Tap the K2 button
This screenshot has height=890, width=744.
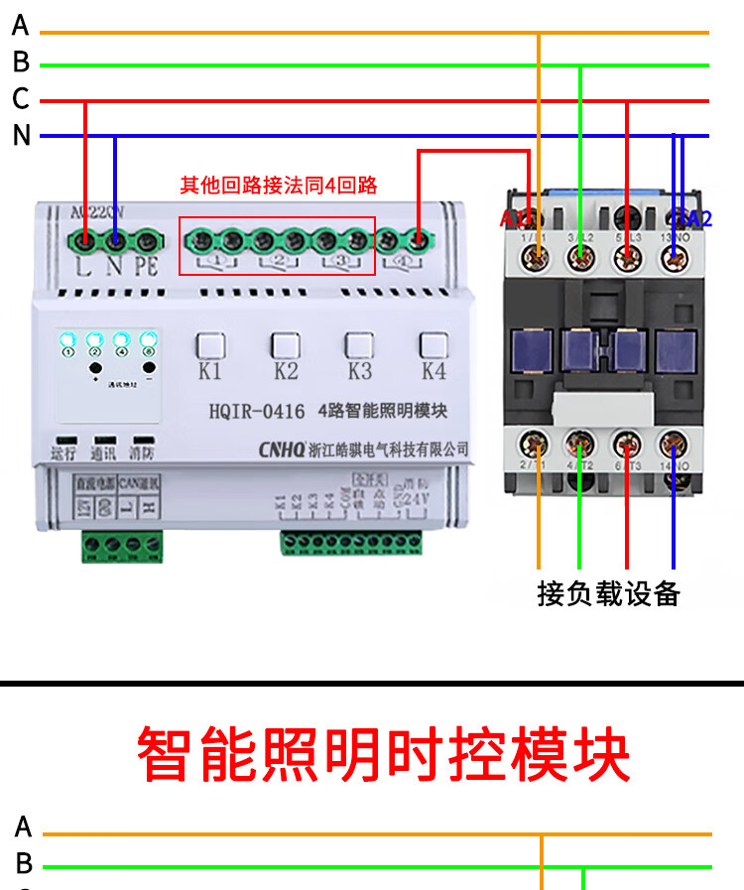pos(285,345)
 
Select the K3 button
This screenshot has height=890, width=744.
pos(359,345)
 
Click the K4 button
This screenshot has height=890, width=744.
pos(434,345)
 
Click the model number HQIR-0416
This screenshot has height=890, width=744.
pos(257,411)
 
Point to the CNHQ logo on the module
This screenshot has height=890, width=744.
pos(282,449)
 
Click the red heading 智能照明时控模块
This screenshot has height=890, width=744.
pos(383,755)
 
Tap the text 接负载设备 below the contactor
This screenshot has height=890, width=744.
pos(608,593)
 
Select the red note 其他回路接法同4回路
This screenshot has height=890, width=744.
pos(279,186)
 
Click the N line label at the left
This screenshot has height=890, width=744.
pos(22,136)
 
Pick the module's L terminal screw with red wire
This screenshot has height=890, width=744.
pos(86,239)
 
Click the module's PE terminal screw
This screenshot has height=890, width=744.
pos(147,239)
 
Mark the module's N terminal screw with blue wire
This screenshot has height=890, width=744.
pos(116,239)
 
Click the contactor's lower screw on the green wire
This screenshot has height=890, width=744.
pos(580,442)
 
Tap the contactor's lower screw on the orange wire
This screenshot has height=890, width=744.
pos(539,442)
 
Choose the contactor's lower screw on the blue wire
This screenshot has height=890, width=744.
pos(674,442)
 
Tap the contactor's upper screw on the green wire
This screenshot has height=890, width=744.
pos(580,258)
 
